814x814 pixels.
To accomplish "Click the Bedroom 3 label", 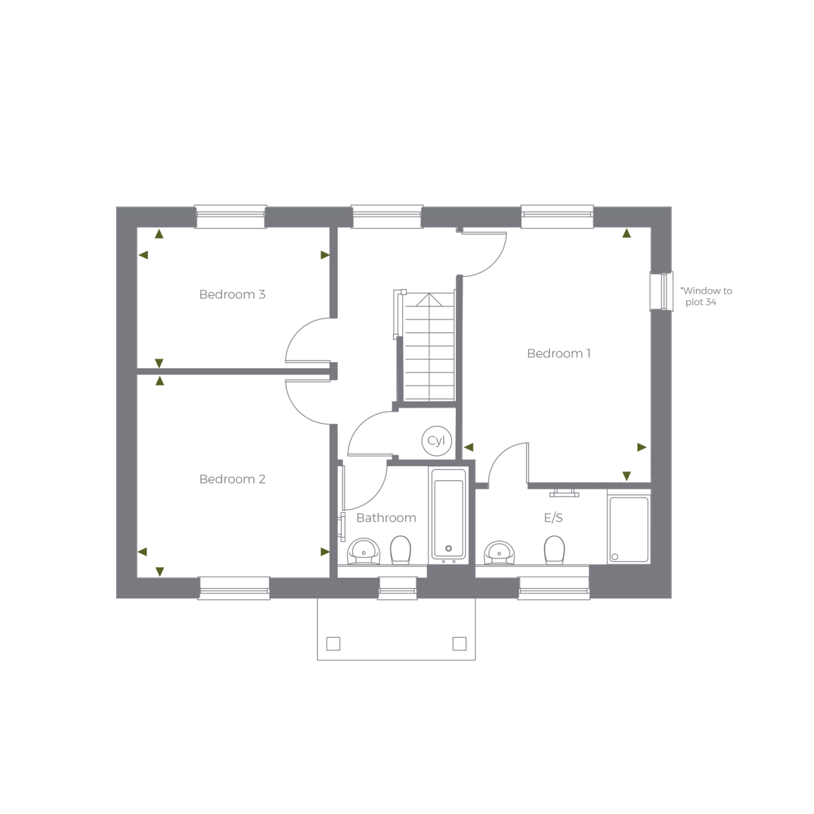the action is click(x=233, y=294).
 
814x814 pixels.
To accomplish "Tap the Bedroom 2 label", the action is click(x=233, y=479).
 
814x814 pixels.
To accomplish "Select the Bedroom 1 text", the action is click(x=559, y=353).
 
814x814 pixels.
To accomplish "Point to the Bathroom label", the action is click(x=386, y=518).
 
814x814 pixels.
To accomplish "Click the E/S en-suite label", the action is click(x=554, y=518).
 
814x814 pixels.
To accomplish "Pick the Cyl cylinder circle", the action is click(x=436, y=441).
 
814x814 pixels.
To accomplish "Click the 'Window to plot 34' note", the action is click(x=706, y=296).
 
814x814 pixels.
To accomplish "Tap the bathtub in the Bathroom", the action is click(x=448, y=516).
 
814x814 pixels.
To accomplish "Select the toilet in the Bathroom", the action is click(x=400, y=550).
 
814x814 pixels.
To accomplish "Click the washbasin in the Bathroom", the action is click(x=364, y=551).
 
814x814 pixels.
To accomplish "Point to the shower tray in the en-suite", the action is click(x=629, y=530).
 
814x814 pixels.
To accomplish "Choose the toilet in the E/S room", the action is click(x=554, y=550).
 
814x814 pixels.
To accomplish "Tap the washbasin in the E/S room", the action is click(x=499, y=553).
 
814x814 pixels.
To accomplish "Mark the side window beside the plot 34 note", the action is click(x=661, y=292).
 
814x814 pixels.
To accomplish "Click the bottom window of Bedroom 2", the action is click(x=235, y=588).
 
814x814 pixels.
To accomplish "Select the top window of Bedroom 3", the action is click(x=231, y=216).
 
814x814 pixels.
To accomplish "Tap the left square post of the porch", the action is click(x=333, y=644).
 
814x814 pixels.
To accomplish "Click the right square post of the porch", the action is click(x=460, y=644).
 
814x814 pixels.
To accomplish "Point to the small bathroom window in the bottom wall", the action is click(x=398, y=588).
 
